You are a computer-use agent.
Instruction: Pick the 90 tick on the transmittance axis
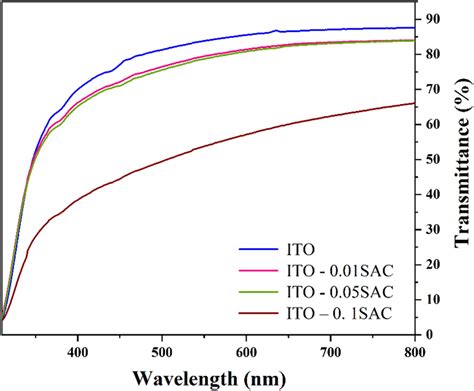click(432, 19)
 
